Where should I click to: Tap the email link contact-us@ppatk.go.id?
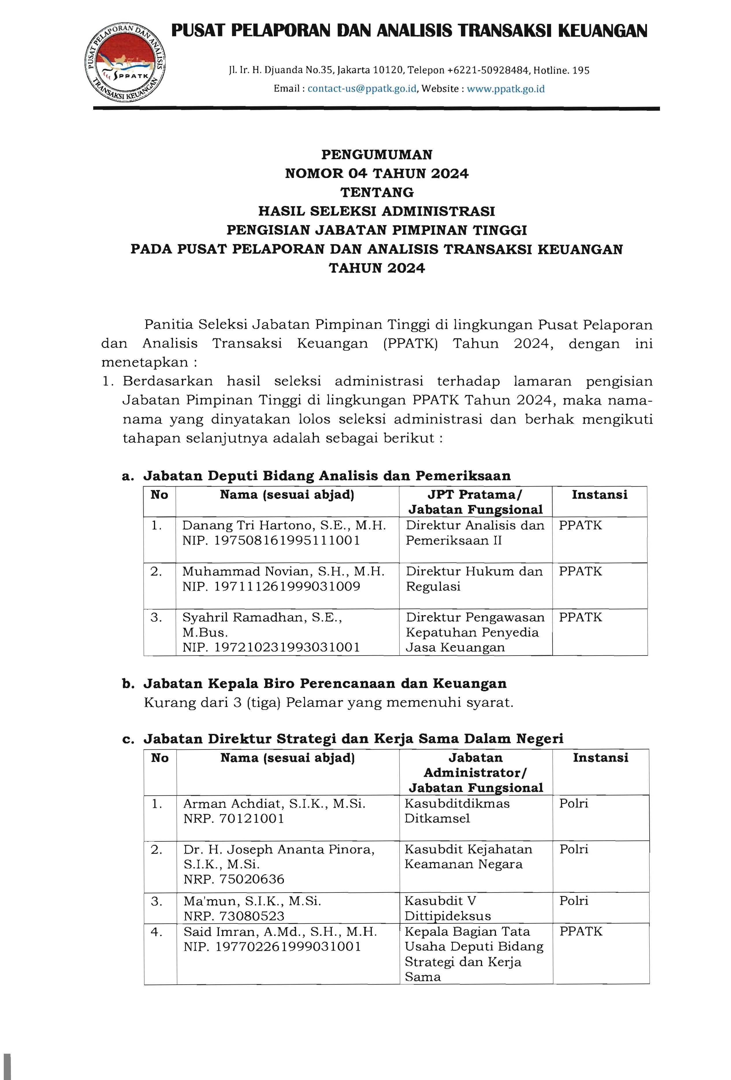[x=362, y=89]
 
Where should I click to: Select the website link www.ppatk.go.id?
[x=505, y=89]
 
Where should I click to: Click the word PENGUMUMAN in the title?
[x=377, y=155]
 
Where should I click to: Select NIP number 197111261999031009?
[x=287, y=587]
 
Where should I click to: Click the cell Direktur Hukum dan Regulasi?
[x=474, y=578]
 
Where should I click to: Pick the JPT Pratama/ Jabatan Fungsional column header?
[x=475, y=502]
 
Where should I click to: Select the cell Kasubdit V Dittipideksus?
[x=447, y=908]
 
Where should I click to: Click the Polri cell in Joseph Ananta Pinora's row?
[x=574, y=849]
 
